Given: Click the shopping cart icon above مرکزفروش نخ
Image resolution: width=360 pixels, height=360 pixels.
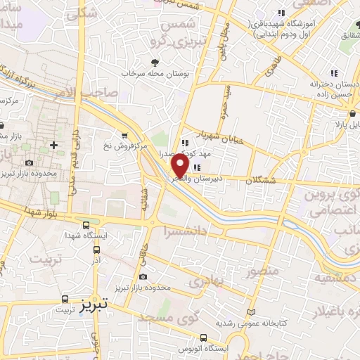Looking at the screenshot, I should tap(124, 136).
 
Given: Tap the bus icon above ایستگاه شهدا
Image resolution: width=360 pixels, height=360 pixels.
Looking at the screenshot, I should tap(86, 226).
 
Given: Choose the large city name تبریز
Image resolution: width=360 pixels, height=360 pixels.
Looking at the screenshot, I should tap(92, 305).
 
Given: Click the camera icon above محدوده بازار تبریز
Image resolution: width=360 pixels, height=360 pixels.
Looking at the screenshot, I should tap(143, 278).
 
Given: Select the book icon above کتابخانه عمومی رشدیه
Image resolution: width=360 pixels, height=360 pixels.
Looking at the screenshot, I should tap(252, 312).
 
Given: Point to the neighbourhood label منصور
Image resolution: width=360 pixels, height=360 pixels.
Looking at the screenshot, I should tap(264, 270).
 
